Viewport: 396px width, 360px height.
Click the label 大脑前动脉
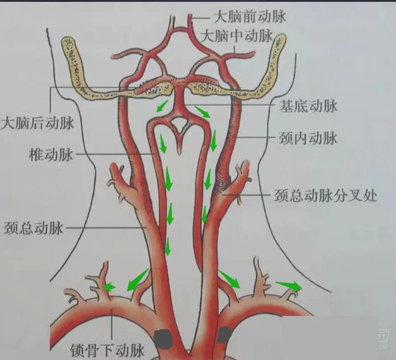click(x=250, y=17)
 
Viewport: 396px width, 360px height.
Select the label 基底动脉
click(x=308, y=106)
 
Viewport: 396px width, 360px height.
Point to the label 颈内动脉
click(x=308, y=138)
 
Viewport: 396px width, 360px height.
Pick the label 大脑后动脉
click(x=37, y=123)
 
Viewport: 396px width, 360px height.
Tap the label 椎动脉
click(x=50, y=155)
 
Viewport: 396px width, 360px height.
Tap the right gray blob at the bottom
click(x=224, y=335)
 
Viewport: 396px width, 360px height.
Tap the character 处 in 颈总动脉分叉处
click(x=370, y=195)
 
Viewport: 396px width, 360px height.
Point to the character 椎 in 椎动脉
click(x=35, y=155)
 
